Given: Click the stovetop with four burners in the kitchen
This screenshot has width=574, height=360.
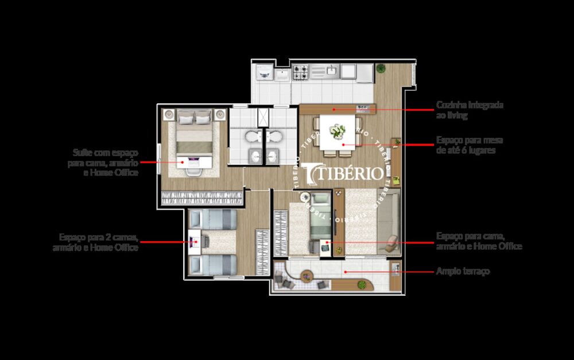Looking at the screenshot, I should coord(301,72).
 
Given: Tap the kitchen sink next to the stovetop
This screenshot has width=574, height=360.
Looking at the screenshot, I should coord(332,71).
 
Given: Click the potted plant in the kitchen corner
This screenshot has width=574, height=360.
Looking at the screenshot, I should coord(381,69).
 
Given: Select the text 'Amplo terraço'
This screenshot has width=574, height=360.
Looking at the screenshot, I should coord(463,271).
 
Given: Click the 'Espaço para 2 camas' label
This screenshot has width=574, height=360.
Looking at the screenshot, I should coord(98,242).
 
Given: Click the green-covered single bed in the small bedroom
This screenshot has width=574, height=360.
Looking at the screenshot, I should coord(320,221).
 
